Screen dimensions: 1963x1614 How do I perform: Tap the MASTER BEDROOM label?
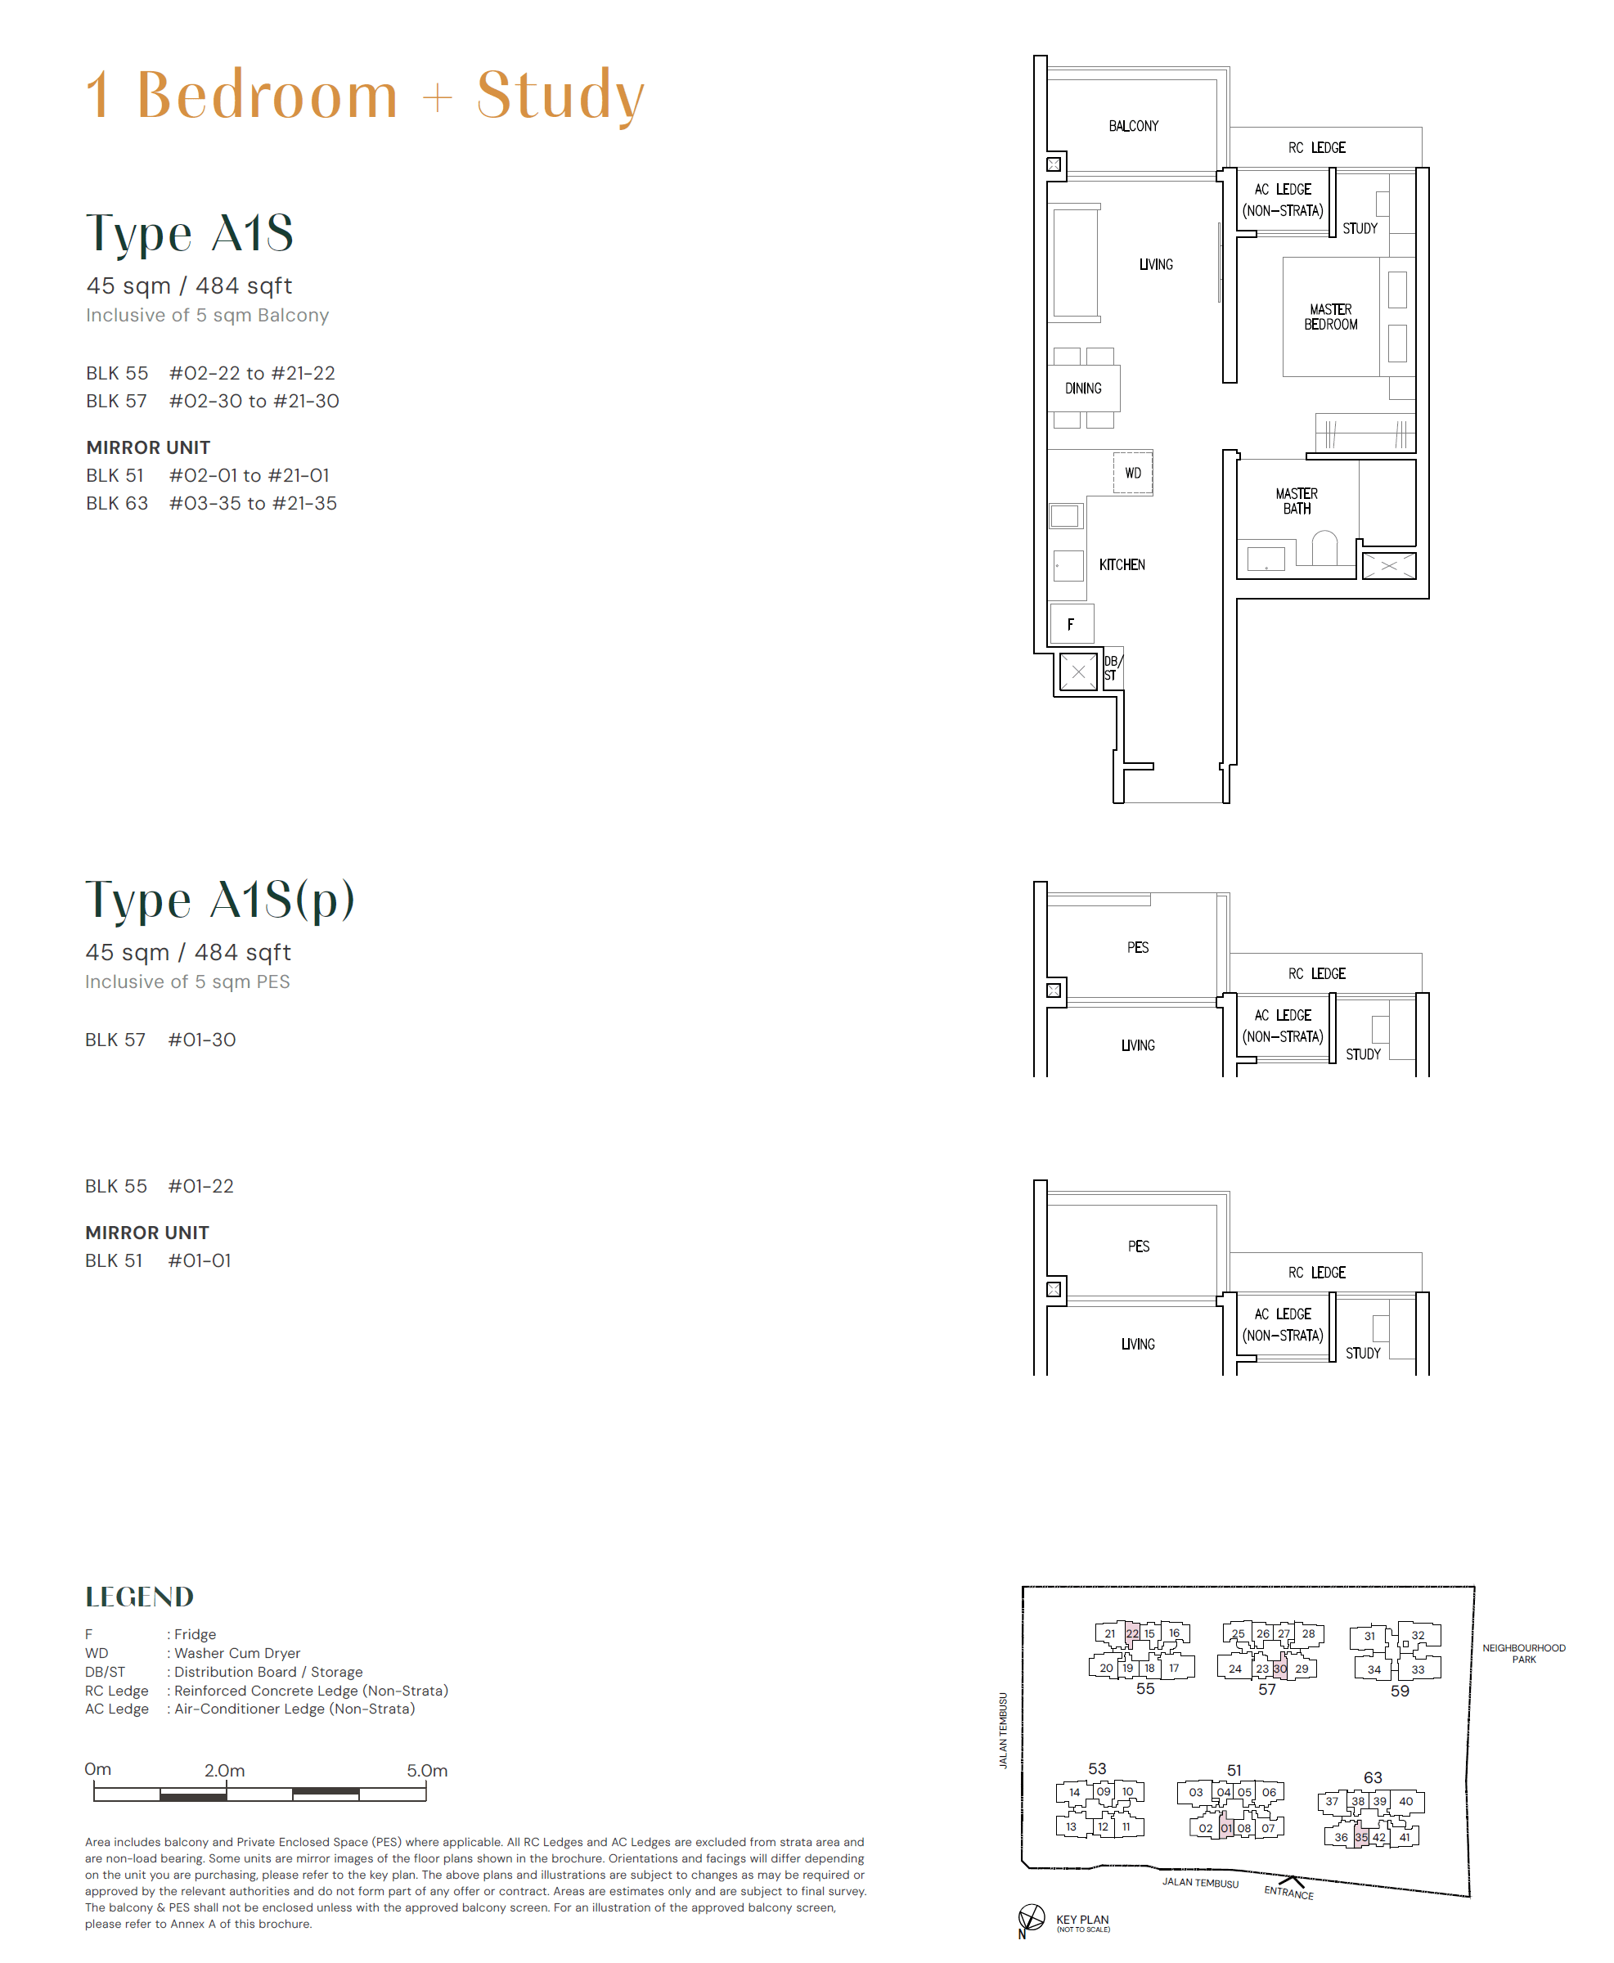(1330, 317)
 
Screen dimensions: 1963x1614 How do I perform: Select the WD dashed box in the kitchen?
(1132, 473)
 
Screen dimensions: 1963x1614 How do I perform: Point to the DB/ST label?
(1112, 668)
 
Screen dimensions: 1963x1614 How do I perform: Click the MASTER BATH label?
(1296, 501)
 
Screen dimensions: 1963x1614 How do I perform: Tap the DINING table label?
(1083, 389)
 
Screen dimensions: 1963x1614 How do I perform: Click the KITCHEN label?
(1122, 565)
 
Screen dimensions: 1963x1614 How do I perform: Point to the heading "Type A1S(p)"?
(219, 900)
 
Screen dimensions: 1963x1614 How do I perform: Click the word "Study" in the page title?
(560, 95)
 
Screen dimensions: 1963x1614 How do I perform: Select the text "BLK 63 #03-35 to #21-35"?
(211, 504)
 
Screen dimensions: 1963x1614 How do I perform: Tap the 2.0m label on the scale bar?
(224, 1771)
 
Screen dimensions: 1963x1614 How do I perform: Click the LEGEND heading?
(139, 1597)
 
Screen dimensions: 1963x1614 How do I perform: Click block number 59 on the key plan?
(1399, 1691)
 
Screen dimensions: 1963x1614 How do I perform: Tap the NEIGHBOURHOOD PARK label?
(1523, 1654)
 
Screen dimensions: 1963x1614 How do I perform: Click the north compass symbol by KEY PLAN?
(1031, 1916)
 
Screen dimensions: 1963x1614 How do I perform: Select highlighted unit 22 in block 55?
(1131, 1633)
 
